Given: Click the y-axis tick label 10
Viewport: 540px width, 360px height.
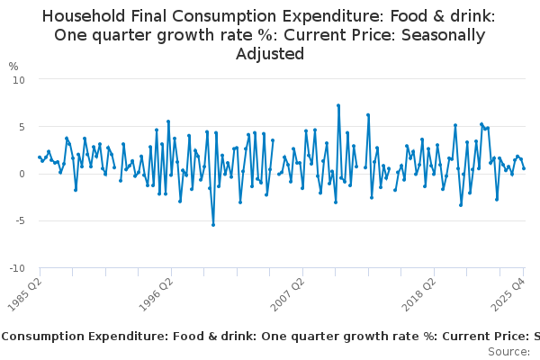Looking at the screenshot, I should pos(19,79).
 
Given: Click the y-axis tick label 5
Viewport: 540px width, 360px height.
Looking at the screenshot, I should pos(22,127).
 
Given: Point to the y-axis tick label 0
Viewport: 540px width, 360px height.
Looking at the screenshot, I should pos(22,174).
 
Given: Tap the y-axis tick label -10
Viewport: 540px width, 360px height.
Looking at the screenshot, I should pos(17,268).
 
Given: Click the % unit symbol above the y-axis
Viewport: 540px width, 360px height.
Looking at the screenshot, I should pos(13,67).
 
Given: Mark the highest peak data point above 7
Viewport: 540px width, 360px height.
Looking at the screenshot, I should pos(338,105).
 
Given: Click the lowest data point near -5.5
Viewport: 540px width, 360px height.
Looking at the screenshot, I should pos(213,225).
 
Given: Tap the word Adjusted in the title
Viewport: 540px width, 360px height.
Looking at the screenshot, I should pos(270,54).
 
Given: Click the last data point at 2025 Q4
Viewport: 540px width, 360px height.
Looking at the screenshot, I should pos(524,168).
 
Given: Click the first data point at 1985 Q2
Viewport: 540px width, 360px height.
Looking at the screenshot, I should pos(40,157).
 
